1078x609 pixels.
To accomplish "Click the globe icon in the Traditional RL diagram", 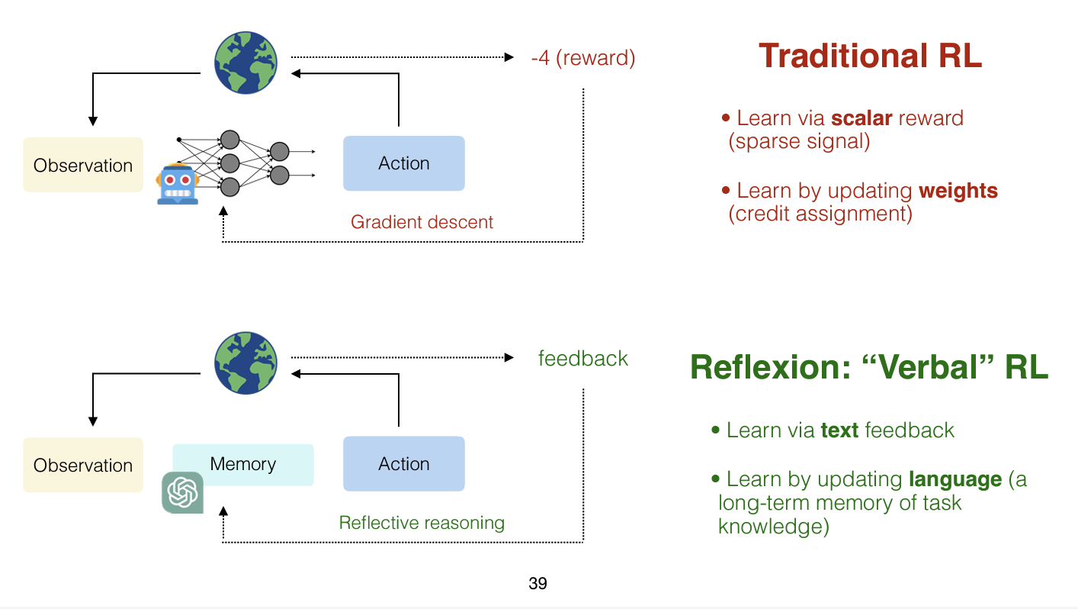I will coord(245,63).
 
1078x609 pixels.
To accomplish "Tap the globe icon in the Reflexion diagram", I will coord(245,362).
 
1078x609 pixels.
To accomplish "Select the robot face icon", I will coord(177,184).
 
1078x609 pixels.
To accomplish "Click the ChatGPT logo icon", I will coord(183,492).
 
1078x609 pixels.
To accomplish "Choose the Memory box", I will coord(243,464).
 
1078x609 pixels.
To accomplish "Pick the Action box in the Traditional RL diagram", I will coord(403,163).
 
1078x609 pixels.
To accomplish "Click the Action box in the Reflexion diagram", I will coord(403,464).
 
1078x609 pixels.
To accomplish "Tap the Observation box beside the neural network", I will coord(83,165).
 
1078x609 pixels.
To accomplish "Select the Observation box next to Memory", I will coord(83,465).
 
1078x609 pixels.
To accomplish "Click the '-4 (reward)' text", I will coord(583,58).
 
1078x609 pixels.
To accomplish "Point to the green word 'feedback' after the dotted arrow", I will coord(583,359).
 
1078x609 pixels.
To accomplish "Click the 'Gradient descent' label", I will coord(422,222).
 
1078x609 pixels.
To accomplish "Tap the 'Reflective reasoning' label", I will coord(422,523).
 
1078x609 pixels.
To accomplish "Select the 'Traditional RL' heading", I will coord(870,56).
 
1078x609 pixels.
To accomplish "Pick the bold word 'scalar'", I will coord(861,118).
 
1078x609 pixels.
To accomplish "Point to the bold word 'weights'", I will coord(958,190).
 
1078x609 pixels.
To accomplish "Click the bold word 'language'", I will coord(955,479).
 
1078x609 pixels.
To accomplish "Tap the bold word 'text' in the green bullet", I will coord(839,430).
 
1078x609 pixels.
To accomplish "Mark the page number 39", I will coord(537,584).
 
